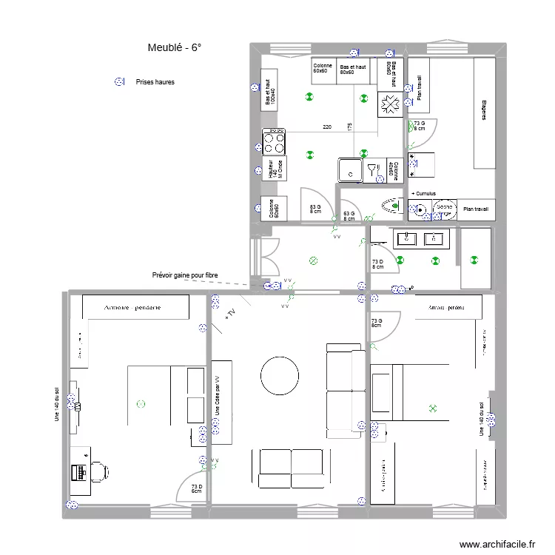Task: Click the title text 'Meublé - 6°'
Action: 175,48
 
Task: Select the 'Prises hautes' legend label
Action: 155,82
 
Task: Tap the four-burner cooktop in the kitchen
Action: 273,141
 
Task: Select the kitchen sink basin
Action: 347,170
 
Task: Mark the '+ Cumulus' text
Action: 423,194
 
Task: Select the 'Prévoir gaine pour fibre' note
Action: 185,275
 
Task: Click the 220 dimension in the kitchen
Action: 327,127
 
